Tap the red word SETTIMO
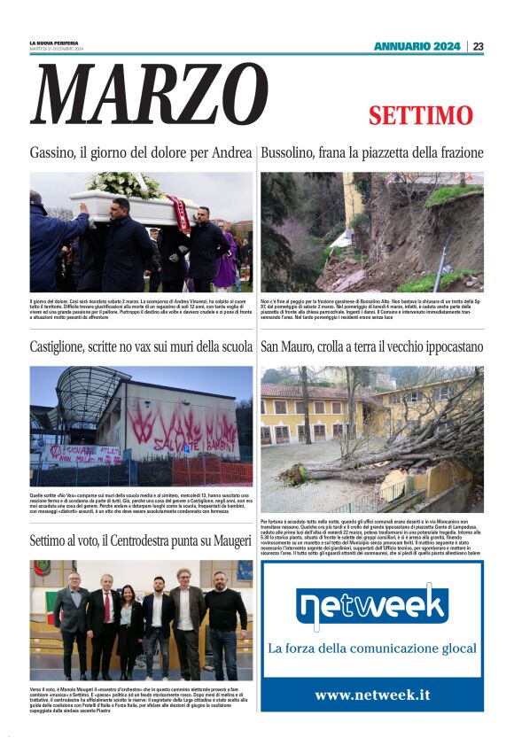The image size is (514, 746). pyautogui.click(x=421, y=116)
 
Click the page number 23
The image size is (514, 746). pyautogui.click(x=478, y=46)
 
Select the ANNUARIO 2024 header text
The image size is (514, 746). pyautogui.click(x=417, y=46)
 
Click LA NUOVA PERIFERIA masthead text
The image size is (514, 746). pyautogui.click(x=53, y=43)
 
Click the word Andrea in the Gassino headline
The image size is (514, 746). pyautogui.click(x=231, y=153)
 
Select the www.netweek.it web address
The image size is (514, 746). pyautogui.click(x=372, y=695)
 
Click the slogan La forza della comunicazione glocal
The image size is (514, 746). pyautogui.click(x=372, y=649)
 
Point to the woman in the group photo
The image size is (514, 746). pyautogui.click(x=129, y=620)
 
